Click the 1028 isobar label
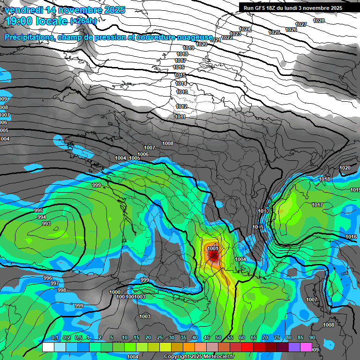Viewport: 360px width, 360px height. pyautogui.click(x=319, y=21)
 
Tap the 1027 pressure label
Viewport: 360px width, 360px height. pyautogui.click(x=301, y=24)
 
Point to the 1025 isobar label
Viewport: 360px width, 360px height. pyautogui.click(x=274, y=32)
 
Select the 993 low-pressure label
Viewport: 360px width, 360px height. pyautogui.click(x=46, y=224)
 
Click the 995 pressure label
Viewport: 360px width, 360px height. pyautogui.click(x=39, y=211)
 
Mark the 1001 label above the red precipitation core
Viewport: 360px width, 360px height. pyautogui.click(x=212, y=248)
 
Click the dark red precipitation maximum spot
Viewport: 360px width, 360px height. pyautogui.click(x=214, y=256)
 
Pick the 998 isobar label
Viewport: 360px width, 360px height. pyautogui.click(x=62, y=290)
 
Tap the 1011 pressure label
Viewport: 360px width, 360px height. pyautogui.click(x=180, y=117)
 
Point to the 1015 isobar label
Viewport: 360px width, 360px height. pyautogui.click(x=180, y=75)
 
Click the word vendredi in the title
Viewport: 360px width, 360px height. pyautogui.click(x=23, y=10)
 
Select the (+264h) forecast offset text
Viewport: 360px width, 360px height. pyautogui.click(x=83, y=21)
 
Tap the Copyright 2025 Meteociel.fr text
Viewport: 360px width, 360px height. pyautogui.click(x=198, y=356)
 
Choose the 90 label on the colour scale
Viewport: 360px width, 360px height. pyautogui.click(x=312, y=337)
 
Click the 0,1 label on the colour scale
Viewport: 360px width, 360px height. pyautogui.click(x=55, y=337)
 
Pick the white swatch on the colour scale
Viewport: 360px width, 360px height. pyautogui.click(x=48, y=347)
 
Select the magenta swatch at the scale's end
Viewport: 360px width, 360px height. pyautogui.click(x=306, y=347)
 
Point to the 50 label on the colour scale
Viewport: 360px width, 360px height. pyautogui.click(x=218, y=337)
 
